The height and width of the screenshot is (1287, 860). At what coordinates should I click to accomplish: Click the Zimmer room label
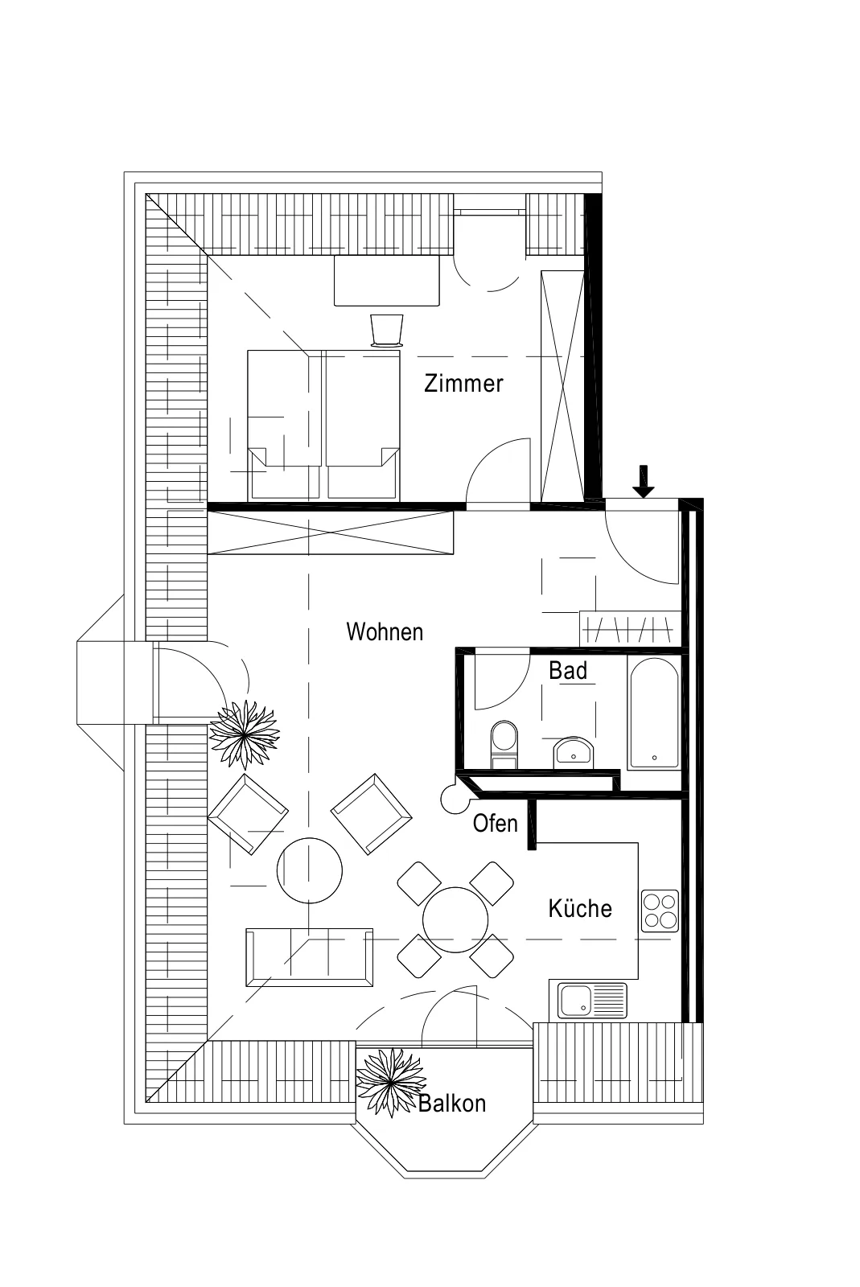[x=463, y=383]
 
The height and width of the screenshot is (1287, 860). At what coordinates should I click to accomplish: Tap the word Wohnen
[x=385, y=632]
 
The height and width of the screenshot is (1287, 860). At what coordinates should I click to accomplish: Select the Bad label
[x=568, y=671]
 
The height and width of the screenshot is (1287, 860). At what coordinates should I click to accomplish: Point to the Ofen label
[x=496, y=824]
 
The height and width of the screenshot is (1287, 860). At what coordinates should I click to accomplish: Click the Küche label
[x=580, y=908]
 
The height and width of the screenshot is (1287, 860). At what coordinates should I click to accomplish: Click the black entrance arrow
[x=644, y=482]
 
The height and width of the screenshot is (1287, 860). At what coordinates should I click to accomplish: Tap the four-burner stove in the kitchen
[x=660, y=911]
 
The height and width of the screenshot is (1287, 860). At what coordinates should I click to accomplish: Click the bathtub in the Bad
[x=654, y=713]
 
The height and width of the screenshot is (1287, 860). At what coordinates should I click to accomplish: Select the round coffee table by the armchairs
[x=310, y=870]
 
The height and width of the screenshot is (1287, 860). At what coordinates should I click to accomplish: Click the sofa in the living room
[x=309, y=957]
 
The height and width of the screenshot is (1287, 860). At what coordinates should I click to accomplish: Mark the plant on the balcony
[x=391, y=1082]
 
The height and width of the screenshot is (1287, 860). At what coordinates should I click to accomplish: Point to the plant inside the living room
[x=244, y=734]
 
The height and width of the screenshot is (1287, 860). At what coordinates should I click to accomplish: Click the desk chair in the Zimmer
[x=387, y=331]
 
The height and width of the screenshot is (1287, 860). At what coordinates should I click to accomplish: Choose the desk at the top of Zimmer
[x=387, y=281]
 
